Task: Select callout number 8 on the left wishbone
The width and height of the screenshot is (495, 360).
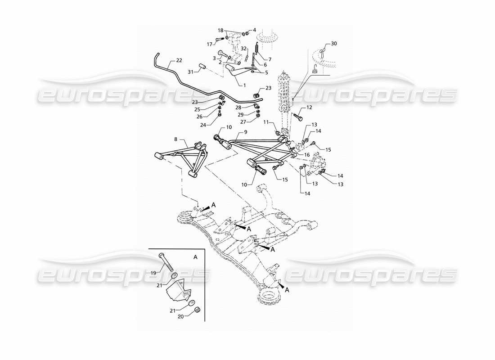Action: click(x=175, y=140)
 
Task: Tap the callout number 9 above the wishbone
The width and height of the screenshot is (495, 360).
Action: click(x=245, y=132)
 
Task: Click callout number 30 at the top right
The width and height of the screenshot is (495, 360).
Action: click(x=333, y=44)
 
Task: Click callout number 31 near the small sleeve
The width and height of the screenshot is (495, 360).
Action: click(x=190, y=72)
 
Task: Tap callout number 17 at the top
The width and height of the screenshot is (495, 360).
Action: click(x=209, y=44)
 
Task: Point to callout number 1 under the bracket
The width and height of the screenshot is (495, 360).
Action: click(x=244, y=85)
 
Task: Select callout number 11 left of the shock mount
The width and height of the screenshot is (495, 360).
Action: click(x=266, y=122)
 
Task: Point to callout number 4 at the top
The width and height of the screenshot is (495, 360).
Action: click(x=254, y=30)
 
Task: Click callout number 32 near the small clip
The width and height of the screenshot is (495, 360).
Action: click(x=243, y=48)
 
